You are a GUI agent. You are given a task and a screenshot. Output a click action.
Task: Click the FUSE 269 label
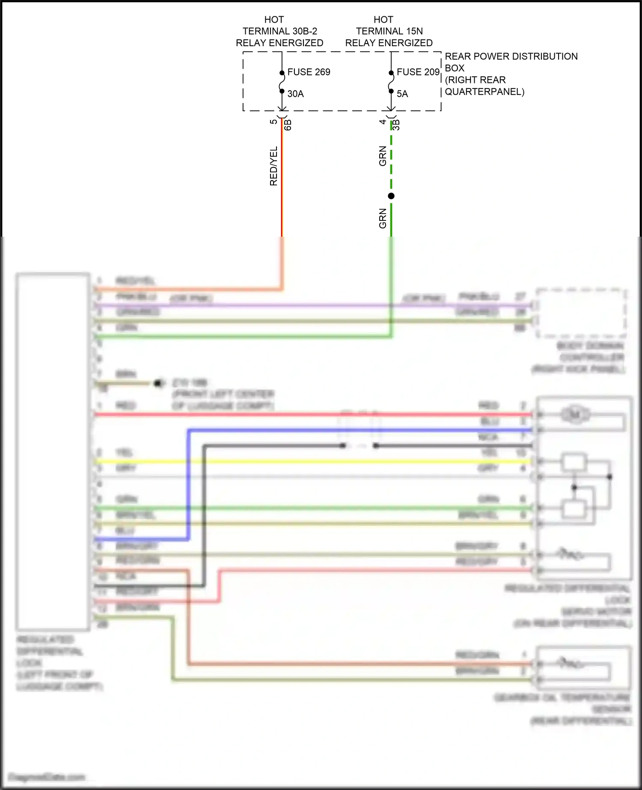coord(309,72)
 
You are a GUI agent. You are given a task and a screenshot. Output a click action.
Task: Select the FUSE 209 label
coord(418,72)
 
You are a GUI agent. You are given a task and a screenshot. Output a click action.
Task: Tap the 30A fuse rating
coord(295,94)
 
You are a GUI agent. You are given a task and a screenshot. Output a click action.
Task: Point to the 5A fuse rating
coord(402,94)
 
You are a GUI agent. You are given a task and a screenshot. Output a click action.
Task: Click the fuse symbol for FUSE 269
coord(282,82)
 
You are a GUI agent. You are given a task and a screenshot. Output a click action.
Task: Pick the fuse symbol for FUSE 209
coord(391,82)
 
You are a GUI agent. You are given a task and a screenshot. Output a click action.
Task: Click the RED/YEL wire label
coord(273,166)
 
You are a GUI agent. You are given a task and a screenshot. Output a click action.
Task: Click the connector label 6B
coord(288,125)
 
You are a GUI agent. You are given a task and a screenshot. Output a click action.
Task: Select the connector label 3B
coord(396,125)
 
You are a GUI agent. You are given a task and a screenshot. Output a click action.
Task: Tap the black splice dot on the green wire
coord(391,196)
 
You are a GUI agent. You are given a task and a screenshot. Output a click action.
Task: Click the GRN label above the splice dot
coord(383,156)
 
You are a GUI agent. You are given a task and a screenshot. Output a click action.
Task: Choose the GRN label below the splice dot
coord(383,218)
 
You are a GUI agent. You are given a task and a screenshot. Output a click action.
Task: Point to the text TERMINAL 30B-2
coord(280,31)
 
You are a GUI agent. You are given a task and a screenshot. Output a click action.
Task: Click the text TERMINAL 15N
coord(389,31)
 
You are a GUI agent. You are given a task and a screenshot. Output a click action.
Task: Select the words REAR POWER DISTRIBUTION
coord(511,56)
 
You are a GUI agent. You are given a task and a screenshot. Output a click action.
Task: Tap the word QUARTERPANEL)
coord(484,92)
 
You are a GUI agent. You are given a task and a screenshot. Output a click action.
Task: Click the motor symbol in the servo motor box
coord(575,414)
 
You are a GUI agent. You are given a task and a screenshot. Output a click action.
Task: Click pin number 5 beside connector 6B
coord(274,122)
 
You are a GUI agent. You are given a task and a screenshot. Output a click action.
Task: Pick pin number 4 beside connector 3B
coord(383,122)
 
